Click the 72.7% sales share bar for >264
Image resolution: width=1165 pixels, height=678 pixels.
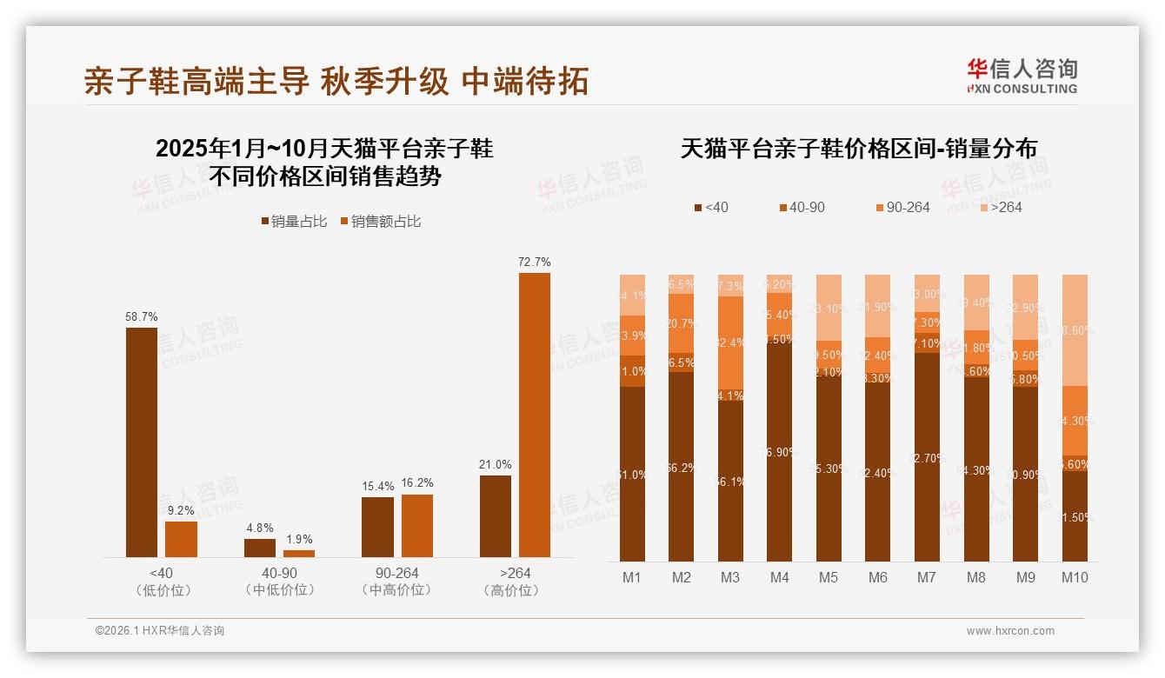pos(535,415)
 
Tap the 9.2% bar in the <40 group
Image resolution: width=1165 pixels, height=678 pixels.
pos(181,539)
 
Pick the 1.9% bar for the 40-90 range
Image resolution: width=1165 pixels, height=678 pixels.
pos(299,553)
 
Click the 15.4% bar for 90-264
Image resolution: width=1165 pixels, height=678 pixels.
pos(377,527)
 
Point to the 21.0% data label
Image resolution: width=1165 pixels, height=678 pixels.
pos(496,465)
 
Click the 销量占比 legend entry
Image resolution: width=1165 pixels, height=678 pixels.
pos(294,222)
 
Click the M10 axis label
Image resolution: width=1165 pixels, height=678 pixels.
pos(1075,577)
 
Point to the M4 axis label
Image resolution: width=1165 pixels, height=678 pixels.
pos(779,577)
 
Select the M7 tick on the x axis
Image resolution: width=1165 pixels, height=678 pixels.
pos(927,577)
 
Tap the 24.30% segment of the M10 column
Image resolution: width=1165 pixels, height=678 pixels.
pos(1075,421)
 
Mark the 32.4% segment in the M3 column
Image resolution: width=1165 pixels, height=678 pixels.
pos(730,343)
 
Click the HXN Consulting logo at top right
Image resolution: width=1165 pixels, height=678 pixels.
pos(1022,76)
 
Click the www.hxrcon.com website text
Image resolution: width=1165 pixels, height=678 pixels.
pos(1010,631)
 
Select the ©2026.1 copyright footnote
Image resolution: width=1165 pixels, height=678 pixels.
pos(160,631)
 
